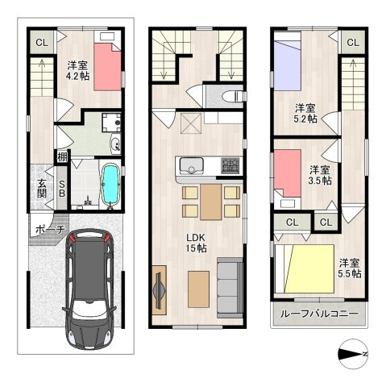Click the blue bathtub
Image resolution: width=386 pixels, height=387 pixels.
pos(110,185)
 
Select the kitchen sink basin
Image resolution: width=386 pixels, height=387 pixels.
pos(191,166)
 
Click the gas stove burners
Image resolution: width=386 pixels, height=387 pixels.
pos(230,165)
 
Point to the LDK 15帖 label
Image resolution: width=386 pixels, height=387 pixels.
pos(197,243)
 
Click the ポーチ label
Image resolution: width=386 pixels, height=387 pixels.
pos(50,230)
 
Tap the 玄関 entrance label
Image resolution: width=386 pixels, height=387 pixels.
pos(42,189)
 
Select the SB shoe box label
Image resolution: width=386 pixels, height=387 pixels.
pos(62,188)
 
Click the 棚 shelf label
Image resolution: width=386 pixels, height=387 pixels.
pos(62,156)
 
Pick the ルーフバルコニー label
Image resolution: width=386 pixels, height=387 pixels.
pos(319,314)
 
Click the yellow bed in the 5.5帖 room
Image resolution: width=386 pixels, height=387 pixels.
pos(309,268)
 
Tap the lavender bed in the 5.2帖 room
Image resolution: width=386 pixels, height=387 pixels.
pos(287,61)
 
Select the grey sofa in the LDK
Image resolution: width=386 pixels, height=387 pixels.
pos(230,288)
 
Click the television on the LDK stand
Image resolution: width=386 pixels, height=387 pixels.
pos(158,290)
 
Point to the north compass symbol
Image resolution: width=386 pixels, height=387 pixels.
pos(352,354)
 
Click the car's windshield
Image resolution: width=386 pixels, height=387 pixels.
pos(89,310)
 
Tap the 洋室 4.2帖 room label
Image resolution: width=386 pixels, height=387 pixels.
pos(78,71)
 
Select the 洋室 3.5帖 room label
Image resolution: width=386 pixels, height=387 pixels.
pos(320,175)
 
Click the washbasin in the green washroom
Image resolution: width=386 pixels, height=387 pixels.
pos(116,144)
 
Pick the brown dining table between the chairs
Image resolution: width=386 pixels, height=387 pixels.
pos(211,202)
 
